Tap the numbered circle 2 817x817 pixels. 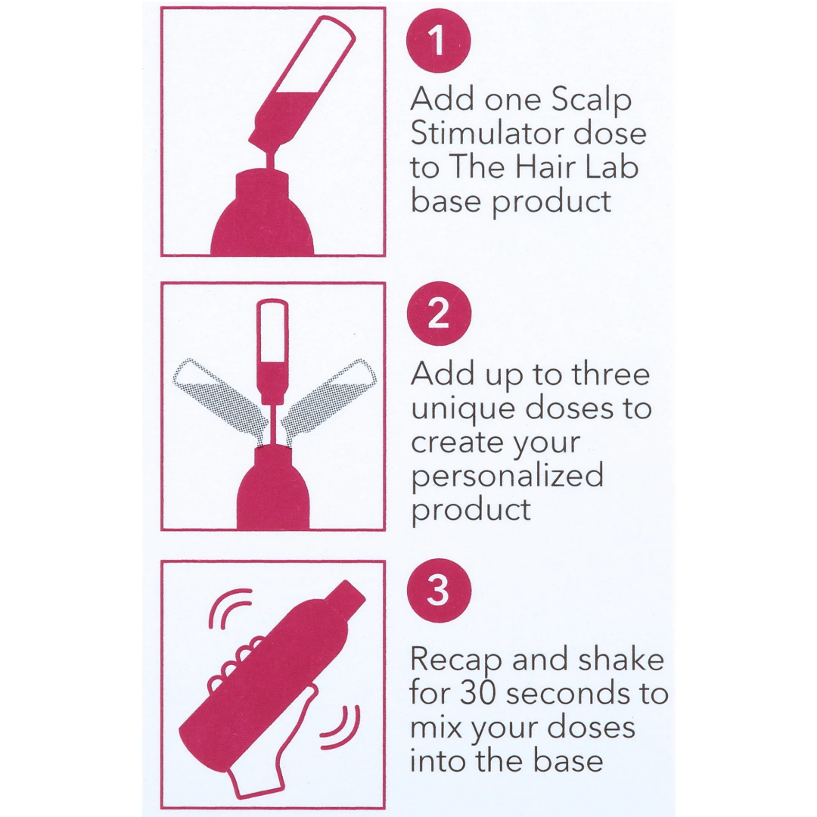coord(438,315)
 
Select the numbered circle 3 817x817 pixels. coord(438,592)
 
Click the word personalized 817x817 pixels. coord(507,477)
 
